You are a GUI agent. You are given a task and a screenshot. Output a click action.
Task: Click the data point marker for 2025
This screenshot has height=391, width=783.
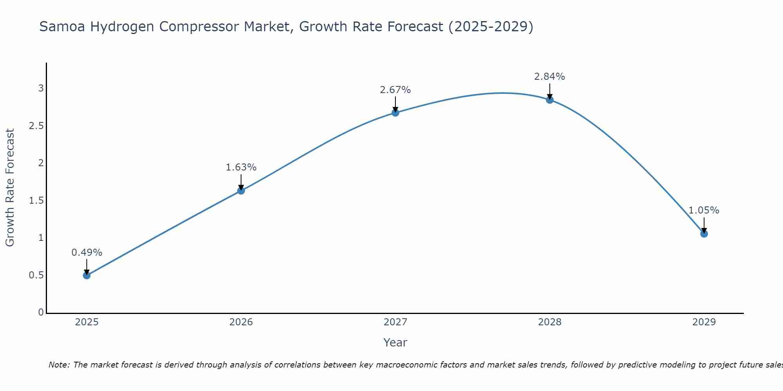87,275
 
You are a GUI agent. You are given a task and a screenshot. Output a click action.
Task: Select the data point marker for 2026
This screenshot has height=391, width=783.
241,190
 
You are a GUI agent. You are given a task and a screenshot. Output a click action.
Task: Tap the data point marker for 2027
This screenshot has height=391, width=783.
395,113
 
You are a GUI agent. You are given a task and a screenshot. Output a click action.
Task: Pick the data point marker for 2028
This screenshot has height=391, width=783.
550,100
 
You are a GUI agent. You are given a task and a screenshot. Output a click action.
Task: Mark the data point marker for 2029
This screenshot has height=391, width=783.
704,234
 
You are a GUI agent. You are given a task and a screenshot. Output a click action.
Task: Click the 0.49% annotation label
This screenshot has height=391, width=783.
87,253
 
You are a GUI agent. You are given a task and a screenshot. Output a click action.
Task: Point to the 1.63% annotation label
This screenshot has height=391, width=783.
241,167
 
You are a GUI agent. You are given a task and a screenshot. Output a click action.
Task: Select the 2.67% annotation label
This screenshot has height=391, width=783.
395,90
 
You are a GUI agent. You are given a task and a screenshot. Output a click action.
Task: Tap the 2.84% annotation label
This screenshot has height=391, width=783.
550,77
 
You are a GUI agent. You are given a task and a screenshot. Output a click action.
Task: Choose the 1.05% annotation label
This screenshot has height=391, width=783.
704,210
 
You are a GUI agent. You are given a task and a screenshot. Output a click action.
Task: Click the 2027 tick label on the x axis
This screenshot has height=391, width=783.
395,322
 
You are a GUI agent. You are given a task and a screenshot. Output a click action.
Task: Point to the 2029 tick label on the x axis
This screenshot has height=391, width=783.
704,322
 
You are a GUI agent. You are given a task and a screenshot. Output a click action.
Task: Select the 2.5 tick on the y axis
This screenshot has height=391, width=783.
36,126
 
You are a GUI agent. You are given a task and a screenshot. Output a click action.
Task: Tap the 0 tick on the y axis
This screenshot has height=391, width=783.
41,312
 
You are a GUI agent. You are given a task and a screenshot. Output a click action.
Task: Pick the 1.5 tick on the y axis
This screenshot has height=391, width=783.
36,201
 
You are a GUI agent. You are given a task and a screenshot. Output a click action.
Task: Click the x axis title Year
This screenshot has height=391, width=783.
395,343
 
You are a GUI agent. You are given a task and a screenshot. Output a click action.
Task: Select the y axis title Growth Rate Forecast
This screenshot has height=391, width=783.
10,188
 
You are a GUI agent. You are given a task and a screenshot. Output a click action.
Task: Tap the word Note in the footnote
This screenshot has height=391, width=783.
58,365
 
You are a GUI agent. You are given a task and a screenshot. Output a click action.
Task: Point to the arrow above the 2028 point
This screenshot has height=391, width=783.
550,91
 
